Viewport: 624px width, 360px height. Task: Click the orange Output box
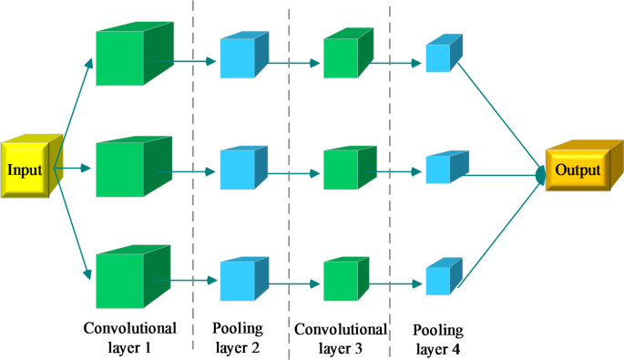pyautogui.click(x=580, y=170)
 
